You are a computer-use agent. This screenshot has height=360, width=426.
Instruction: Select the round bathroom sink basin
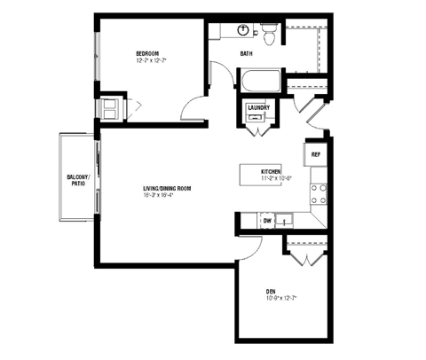tap(242, 30)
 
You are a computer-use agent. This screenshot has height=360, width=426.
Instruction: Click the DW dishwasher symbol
tap(266, 220)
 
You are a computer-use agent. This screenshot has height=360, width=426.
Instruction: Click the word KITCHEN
tap(271, 171)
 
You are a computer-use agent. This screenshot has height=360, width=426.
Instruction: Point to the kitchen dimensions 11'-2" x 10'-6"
tap(277, 178)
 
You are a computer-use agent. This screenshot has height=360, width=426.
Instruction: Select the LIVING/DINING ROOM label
tap(168, 189)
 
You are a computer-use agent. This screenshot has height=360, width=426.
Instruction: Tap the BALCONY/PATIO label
tap(76, 181)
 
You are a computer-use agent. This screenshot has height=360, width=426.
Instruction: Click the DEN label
tap(270, 292)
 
